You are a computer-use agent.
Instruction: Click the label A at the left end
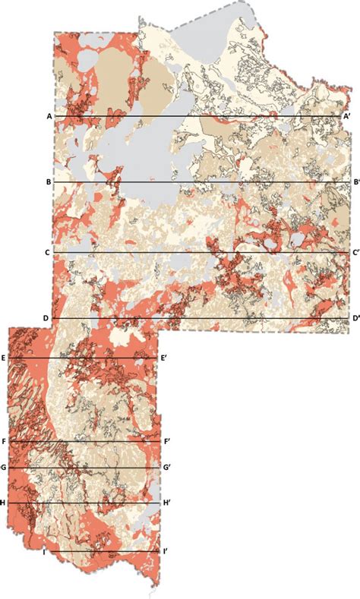49,116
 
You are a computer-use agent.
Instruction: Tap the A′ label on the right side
346,116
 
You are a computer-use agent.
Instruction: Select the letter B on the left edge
49,183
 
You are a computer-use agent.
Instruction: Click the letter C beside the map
47,252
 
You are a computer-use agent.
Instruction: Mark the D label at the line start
46,318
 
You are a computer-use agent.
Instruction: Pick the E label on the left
4,358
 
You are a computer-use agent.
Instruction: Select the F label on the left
4,441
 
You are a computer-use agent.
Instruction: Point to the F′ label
166,441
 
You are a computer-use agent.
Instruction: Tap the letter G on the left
4,468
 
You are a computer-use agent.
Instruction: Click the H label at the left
4,503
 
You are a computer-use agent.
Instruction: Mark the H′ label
166,503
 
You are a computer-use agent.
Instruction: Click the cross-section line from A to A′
197,116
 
